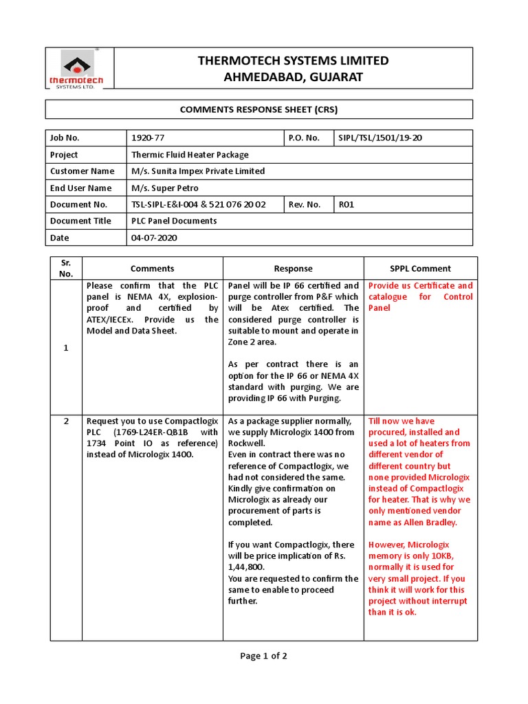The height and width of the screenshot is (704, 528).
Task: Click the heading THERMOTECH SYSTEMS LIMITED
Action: point(293,60)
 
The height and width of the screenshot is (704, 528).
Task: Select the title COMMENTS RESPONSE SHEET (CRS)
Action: point(259,109)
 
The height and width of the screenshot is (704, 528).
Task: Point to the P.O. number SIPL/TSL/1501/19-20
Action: point(379,138)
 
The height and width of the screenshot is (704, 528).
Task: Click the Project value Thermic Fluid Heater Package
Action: point(190,155)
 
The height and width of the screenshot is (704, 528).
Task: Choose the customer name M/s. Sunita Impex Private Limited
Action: point(198,171)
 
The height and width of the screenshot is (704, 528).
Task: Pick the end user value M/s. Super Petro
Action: point(164,188)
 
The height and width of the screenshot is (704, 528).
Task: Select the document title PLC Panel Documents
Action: point(174,221)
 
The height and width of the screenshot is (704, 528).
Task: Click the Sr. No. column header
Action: point(66,268)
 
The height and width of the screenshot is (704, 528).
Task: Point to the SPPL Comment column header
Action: point(420,269)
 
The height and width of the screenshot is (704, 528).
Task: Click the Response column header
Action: point(293,269)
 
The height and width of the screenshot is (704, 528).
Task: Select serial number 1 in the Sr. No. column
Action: point(66,348)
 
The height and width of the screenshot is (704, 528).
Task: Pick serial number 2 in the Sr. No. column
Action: point(66,421)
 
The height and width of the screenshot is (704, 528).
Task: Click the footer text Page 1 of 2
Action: point(263,656)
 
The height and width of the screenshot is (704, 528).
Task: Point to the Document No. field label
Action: point(78,204)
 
